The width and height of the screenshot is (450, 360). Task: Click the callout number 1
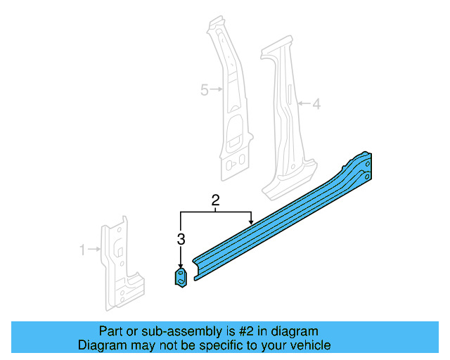pyautogui.click(x=82, y=249)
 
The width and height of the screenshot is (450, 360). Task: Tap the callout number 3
pyautogui.click(x=181, y=239)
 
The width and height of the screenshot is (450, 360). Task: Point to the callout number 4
pyautogui.click(x=316, y=104)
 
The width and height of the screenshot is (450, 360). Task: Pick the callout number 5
pyautogui.click(x=205, y=90)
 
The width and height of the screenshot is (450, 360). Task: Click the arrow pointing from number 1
pyautogui.click(x=94, y=249)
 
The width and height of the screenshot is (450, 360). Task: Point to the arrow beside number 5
pyautogui.click(x=217, y=90)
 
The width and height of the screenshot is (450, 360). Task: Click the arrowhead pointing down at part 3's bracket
pyautogui.click(x=181, y=263)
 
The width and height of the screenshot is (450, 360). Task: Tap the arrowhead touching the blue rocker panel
pyautogui.click(x=250, y=223)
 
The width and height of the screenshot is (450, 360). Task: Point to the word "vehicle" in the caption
pyautogui.click(x=310, y=345)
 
